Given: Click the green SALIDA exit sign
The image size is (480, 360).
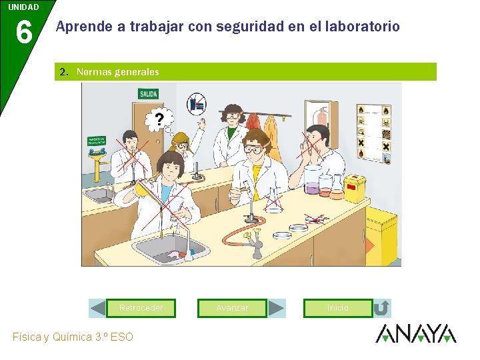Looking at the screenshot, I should click(148, 94).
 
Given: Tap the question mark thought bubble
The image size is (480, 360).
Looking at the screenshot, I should click(159, 120).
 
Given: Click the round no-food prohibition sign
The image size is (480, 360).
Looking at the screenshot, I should click(196, 103).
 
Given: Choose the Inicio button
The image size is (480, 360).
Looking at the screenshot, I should click(337, 308).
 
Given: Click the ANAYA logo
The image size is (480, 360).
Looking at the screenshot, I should click(415, 333).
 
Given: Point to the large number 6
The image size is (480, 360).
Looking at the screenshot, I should click(23, 32).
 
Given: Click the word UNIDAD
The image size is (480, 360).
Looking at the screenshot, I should click(23, 7).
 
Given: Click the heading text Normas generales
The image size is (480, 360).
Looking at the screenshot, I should click(117, 71).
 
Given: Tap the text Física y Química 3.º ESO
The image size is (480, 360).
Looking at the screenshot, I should click(73, 337).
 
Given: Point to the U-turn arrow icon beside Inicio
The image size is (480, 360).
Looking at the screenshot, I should click(381, 308).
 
